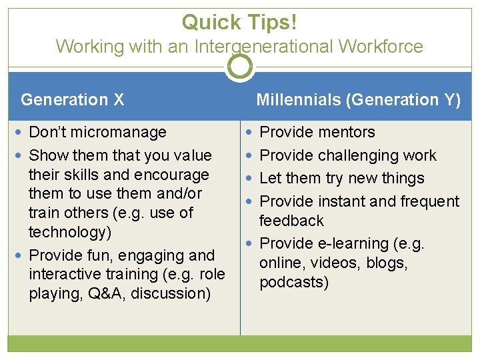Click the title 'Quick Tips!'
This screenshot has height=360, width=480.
tap(239, 22)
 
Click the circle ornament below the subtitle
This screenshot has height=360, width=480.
tap(239, 66)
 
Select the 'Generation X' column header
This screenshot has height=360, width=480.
tap(72, 100)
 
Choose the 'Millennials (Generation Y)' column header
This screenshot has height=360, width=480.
tap(358, 100)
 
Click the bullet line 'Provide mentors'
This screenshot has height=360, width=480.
tap(317, 133)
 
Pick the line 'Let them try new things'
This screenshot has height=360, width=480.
tap(341, 179)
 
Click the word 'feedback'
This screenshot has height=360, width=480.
tap(291, 221)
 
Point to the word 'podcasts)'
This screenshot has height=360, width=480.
tap(294, 282)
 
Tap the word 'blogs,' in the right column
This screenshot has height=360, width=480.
tap(386, 263)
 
